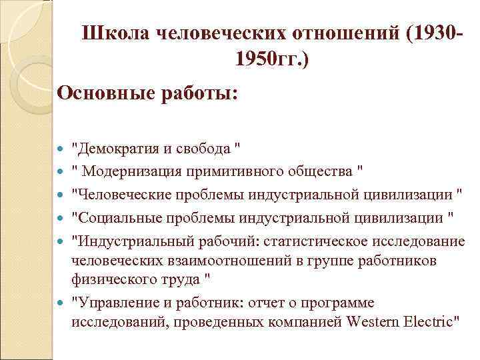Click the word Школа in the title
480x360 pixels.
115,33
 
